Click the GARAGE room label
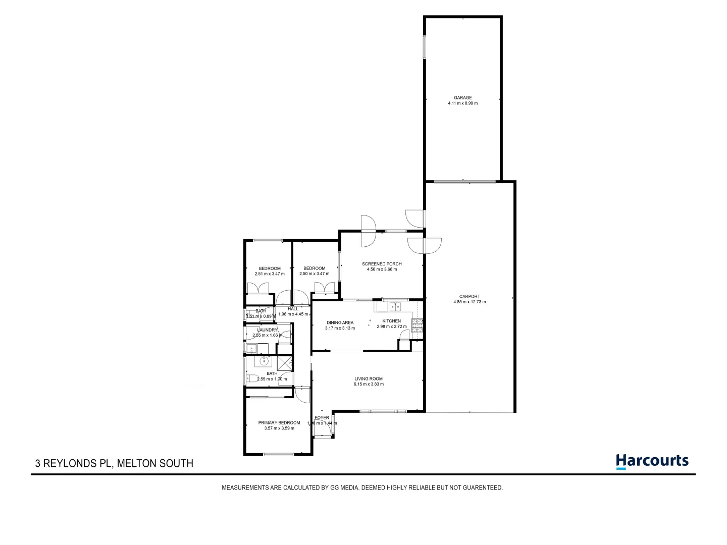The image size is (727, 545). pos(462,97)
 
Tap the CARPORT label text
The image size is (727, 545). pos(470,297)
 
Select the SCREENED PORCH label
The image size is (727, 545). pos(382,264)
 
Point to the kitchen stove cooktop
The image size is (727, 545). pos(418,325)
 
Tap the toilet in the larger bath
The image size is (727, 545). pos(251,377)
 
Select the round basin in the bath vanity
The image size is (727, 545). pos(264,361)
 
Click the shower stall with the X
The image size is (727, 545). pos(284,363)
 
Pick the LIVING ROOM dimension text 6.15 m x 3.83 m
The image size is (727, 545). pos(369,384)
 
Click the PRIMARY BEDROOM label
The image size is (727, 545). pos(279,423)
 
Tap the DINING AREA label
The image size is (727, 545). pos(340,322)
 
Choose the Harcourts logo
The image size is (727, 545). pos(652,461)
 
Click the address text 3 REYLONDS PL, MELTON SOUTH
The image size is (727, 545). pos(114,463)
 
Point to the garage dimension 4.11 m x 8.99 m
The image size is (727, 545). pos(462,103)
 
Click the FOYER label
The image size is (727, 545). pos(322,418)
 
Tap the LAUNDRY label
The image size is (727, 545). pos(267,330)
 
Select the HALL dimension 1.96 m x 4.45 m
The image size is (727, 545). pos(293,314)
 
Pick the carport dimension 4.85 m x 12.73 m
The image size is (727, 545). pos(470,302)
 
